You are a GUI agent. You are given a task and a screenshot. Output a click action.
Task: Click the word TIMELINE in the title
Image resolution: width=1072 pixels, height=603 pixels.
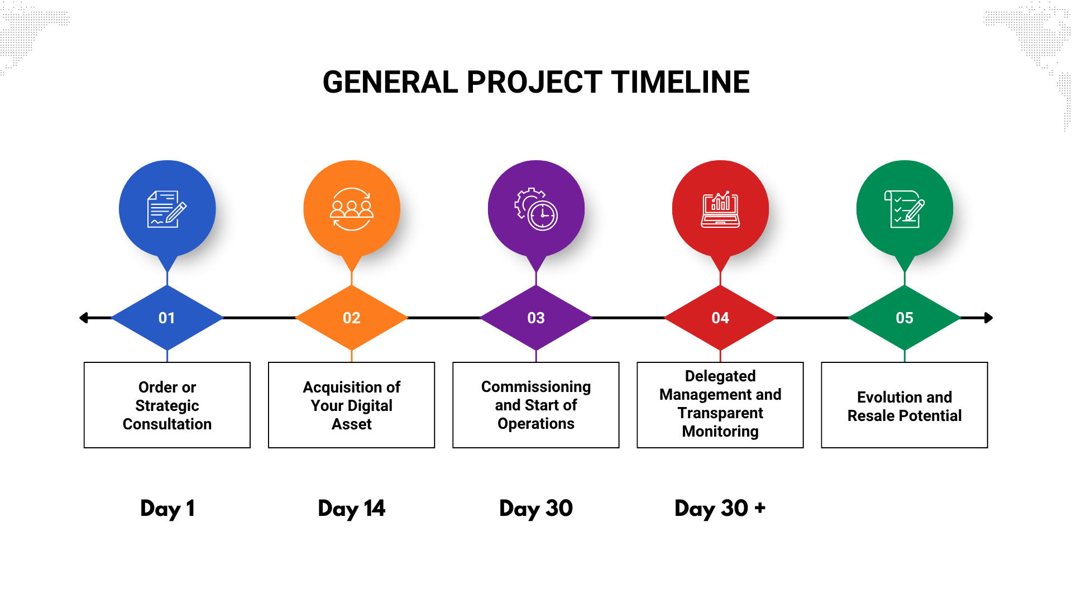point(680,82)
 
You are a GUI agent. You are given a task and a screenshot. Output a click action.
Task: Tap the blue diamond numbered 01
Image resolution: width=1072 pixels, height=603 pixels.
point(167,318)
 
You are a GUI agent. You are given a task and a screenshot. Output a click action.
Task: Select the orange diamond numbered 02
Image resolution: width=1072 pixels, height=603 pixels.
point(352,318)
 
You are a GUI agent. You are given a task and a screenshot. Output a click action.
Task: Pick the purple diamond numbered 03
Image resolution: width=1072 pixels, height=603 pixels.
point(536,318)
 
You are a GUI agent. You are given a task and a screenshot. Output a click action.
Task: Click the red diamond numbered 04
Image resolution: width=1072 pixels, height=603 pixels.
point(720,318)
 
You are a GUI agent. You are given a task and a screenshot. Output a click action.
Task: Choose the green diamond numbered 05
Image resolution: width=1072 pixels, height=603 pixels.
point(904,318)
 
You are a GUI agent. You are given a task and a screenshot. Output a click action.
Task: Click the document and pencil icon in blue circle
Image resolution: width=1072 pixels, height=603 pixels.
point(167,209)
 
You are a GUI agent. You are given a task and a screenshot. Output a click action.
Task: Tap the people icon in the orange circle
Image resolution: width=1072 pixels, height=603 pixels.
point(352,209)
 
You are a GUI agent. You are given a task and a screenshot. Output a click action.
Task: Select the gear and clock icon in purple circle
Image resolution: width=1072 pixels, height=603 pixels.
point(536,209)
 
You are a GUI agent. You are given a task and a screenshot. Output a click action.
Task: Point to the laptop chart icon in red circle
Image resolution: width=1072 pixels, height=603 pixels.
point(720,209)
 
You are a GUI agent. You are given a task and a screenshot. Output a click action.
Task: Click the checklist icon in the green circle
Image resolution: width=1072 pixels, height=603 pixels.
point(904,209)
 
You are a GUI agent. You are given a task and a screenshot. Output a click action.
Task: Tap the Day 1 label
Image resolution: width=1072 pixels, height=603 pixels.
point(167,509)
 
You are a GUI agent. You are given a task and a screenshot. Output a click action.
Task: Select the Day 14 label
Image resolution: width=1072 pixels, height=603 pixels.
point(352,509)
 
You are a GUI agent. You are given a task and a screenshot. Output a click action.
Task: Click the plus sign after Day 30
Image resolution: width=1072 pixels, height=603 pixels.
point(759,508)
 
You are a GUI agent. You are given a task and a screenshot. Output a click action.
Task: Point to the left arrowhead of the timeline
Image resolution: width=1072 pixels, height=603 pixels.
point(84,318)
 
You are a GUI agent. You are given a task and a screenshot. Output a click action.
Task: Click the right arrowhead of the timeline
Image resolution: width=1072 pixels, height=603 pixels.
point(989,318)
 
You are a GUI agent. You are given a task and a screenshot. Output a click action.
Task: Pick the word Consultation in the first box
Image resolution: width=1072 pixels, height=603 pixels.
point(167,424)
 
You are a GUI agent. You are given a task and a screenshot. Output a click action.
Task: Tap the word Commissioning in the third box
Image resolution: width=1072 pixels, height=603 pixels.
point(536,387)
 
